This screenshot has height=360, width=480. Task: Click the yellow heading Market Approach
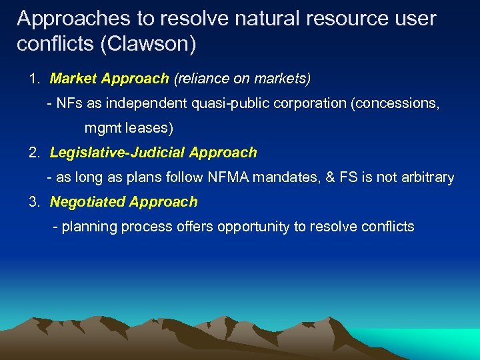pos(109,79)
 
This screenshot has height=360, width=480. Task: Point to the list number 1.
pos(33,79)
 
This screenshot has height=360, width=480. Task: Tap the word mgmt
pos(101,128)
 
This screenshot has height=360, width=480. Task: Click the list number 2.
pos(33,153)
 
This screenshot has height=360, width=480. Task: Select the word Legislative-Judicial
pos(117,153)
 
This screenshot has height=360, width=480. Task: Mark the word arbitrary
pos(428,177)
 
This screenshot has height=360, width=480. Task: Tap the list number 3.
pos(33,202)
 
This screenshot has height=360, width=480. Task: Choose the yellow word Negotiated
pos(87,202)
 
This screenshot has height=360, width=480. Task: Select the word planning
pos(88,227)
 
